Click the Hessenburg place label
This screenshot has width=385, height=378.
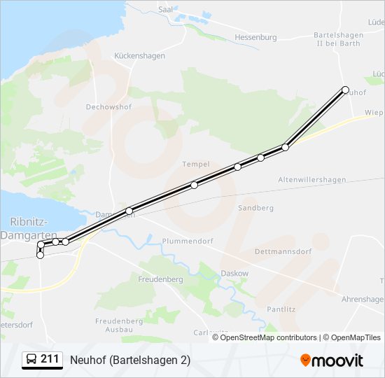[255, 37]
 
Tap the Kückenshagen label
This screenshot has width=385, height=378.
[139, 56]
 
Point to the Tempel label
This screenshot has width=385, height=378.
[196, 164]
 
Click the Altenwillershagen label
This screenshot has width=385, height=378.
[311, 180]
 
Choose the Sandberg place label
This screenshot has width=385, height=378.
[255, 208]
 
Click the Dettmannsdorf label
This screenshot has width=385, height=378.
[283, 251]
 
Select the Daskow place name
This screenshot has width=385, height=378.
[234, 273]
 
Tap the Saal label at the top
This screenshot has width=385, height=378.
[165, 10]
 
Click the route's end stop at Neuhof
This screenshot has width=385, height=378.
[345, 90]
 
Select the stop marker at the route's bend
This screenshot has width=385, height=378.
[285, 147]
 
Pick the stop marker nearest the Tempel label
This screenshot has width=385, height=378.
[194, 185]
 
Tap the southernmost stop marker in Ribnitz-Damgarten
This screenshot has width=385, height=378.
[40, 255]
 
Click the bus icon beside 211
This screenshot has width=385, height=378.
[31, 360]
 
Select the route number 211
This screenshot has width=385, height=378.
[50, 359]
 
